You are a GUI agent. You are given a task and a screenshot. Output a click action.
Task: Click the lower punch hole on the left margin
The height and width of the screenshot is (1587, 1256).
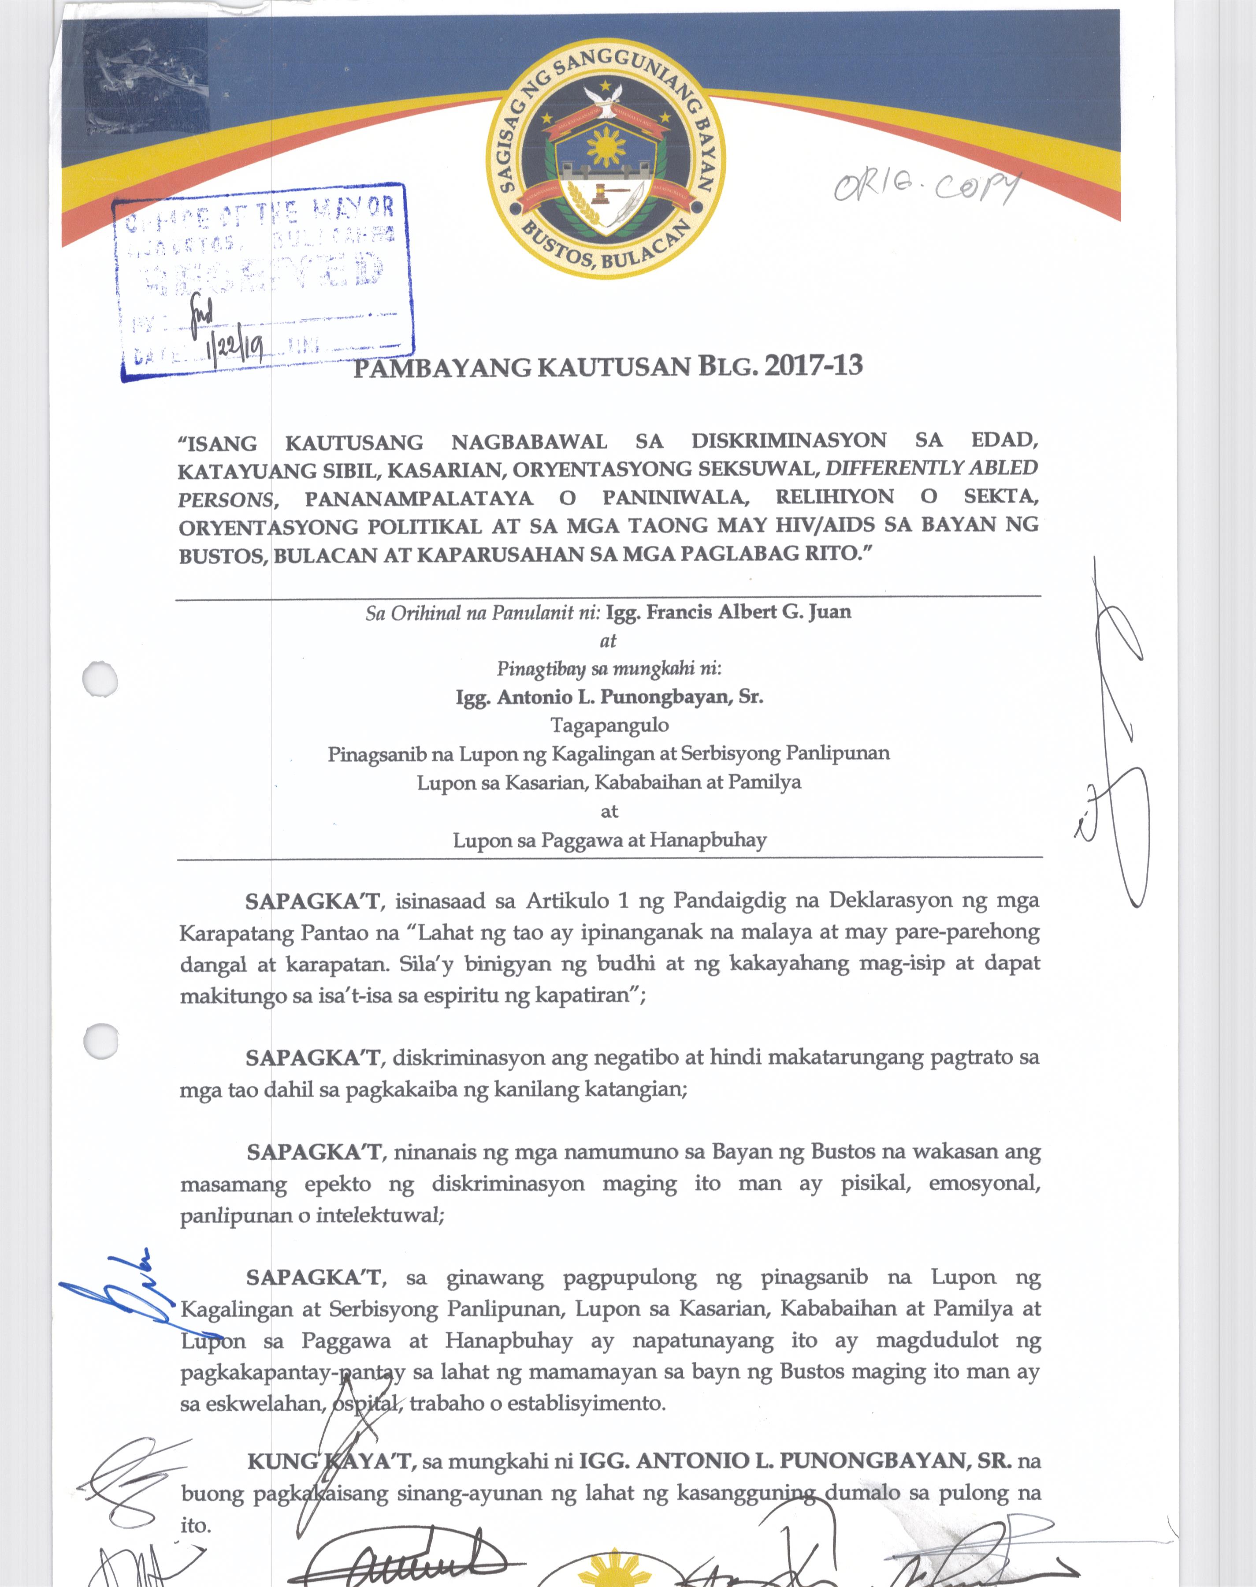[x=100, y=1041]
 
